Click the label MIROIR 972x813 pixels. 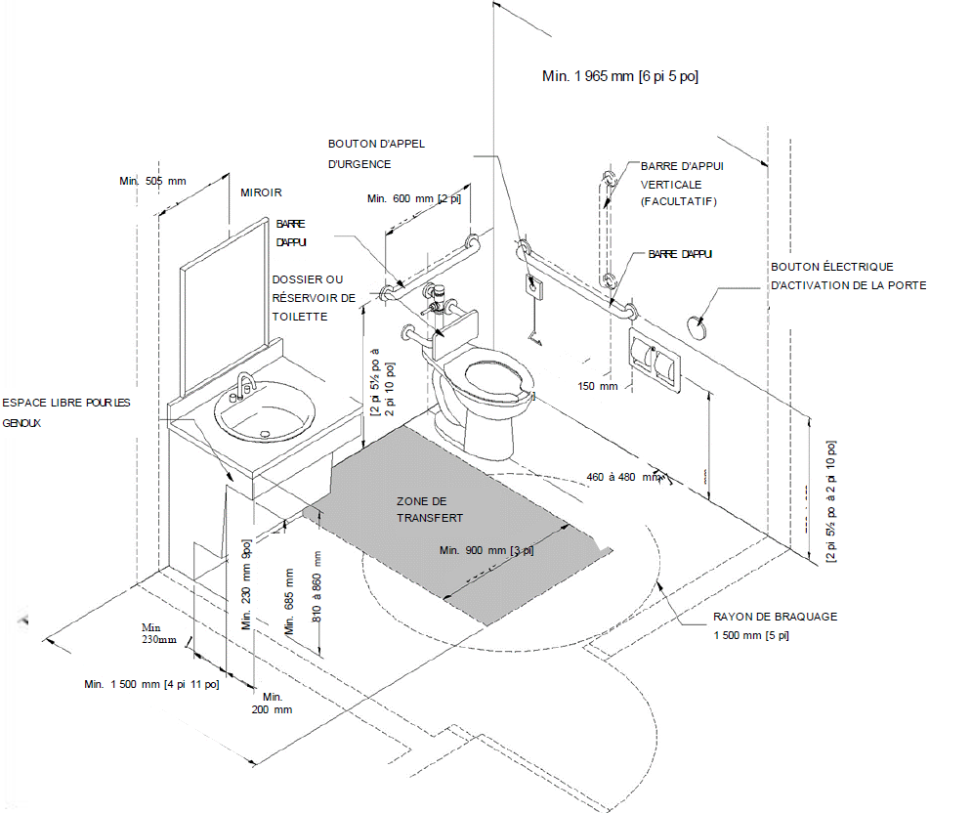pyautogui.click(x=261, y=193)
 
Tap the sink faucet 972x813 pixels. pyautogui.click(x=244, y=384)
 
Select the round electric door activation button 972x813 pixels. pyautogui.click(x=697, y=324)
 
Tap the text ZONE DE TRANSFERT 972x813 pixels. pyautogui.click(x=430, y=509)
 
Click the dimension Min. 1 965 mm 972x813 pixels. pyautogui.click(x=620, y=75)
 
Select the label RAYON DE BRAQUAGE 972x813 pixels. pyautogui.click(x=775, y=617)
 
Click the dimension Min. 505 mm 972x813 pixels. pyautogui.click(x=151, y=181)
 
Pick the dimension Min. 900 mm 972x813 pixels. pyautogui.click(x=486, y=549)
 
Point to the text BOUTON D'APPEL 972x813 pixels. pyautogui.click(x=376, y=144)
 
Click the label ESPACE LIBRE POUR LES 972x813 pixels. pyautogui.click(x=65, y=403)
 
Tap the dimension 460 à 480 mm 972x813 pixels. pyautogui.click(x=626, y=477)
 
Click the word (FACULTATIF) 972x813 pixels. pyautogui.click(x=679, y=201)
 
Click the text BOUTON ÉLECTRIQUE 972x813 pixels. pyautogui.click(x=831, y=267)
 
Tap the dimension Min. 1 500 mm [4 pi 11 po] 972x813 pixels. pyautogui.click(x=151, y=684)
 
